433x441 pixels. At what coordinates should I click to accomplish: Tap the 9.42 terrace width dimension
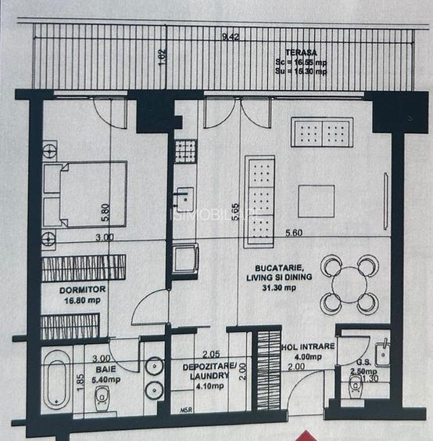coord(231,37)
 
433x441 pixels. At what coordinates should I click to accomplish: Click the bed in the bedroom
coord(84,195)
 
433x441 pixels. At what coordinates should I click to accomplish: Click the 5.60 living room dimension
coord(294,233)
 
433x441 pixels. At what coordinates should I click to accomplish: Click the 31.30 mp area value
coord(280,287)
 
